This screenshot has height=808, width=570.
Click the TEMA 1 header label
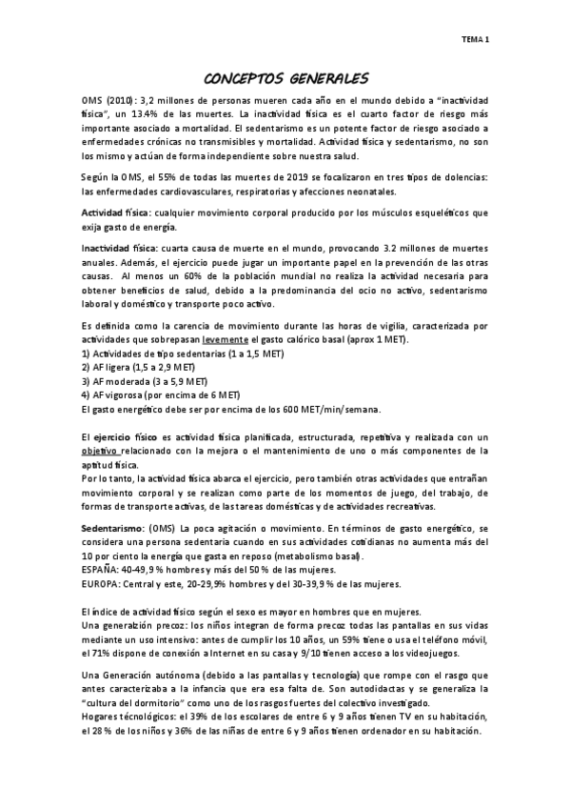point(475,40)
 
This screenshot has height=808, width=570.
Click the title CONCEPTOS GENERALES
point(286,78)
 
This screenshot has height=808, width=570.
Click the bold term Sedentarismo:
point(114,527)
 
